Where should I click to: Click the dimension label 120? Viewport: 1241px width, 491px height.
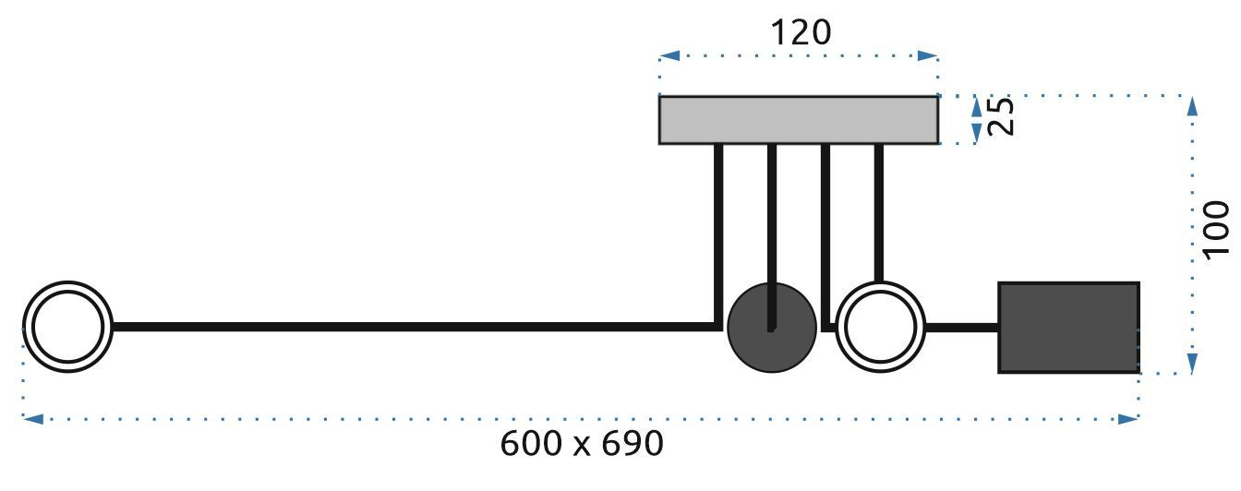tap(800, 32)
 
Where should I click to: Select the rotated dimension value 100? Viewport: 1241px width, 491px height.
tap(1216, 228)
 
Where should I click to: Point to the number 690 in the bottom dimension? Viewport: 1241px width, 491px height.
tap(633, 445)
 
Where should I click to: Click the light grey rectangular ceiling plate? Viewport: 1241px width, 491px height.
tap(799, 120)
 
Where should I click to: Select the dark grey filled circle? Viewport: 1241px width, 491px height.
tap(771, 328)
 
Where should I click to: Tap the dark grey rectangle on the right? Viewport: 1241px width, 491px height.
tap(1068, 328)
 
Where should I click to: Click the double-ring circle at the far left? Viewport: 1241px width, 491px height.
tap(67, 327)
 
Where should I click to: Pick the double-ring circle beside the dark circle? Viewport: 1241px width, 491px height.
tap(880, 327)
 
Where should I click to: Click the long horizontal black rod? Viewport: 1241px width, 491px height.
tap(416, 327)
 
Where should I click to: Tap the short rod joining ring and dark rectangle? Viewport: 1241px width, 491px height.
tap(961, 327)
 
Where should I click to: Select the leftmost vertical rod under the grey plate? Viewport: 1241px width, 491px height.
tap(718, 231)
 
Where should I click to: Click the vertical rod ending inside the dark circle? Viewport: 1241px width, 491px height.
tap(772, 231)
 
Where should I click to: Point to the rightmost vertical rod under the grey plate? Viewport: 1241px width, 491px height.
tap(878, 212)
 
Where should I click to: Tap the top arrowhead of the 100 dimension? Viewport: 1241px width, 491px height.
tap(1192, 106)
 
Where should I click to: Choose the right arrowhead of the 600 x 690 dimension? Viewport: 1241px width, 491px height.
tap(1128, 419)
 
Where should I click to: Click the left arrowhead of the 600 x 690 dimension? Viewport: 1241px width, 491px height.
tap(33, 419)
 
